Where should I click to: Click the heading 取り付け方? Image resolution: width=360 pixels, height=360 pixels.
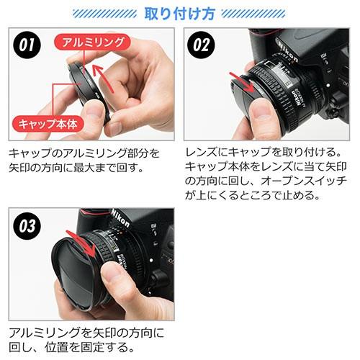click(x=179, y=14)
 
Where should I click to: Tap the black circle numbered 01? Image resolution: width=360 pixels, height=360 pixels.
click(x=27, y=45)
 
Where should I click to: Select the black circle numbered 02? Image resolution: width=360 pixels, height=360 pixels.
click(x=201, y=45)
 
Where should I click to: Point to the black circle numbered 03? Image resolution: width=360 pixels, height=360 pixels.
click(x=27, y=226)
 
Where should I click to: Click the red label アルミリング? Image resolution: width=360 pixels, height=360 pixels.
click(x=93, y=42)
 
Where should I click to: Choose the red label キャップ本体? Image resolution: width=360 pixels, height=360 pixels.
click(x=48, y=125)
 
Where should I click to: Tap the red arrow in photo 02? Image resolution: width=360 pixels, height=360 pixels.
click(x=243, y=82)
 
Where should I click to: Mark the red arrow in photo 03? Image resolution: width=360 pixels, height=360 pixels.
click(x=81, y=243)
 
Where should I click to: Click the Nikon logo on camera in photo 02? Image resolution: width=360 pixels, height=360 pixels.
click(x=288, y=51)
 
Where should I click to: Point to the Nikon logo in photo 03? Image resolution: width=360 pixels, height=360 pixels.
click(x=120, y=218)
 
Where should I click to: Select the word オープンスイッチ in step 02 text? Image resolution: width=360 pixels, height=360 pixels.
click(x=304, y=181)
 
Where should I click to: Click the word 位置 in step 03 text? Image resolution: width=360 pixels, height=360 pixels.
click(x=55, y=347)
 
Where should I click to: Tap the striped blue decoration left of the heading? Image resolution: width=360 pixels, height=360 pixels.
click(x=104, y=14)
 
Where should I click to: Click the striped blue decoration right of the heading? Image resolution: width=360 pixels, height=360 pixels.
click(x=253, y=14)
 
